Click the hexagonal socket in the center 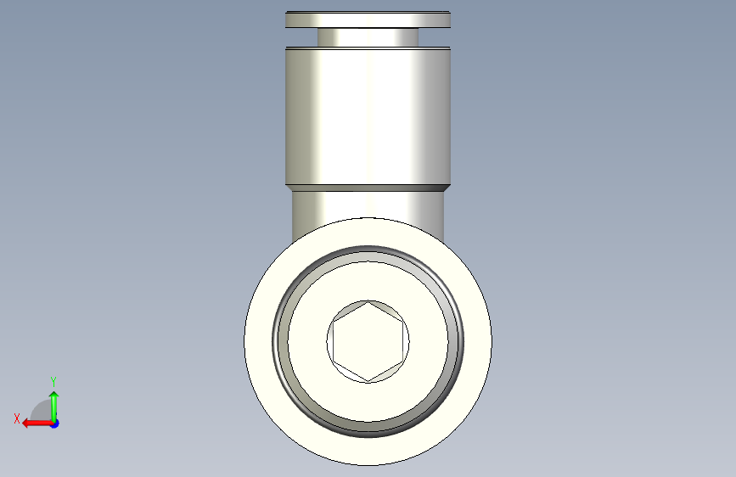pyautogui.click(x=368, y=342)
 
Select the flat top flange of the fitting pyautogui.click(x=368, y=20)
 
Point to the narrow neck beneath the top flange pyautogui.click(x=368, y=37)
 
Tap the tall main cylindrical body pyautogui.click(x=368, y=116)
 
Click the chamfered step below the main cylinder pyautogui.click(x=368, y=188)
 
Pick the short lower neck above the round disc pyautogui.click(x=368, y=206)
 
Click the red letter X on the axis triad pyautogui.click(x=17, y=418)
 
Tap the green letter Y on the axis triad pyautogui.click(x=53, y=381)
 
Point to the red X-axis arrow pyautogui.click(x=38, y=424)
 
